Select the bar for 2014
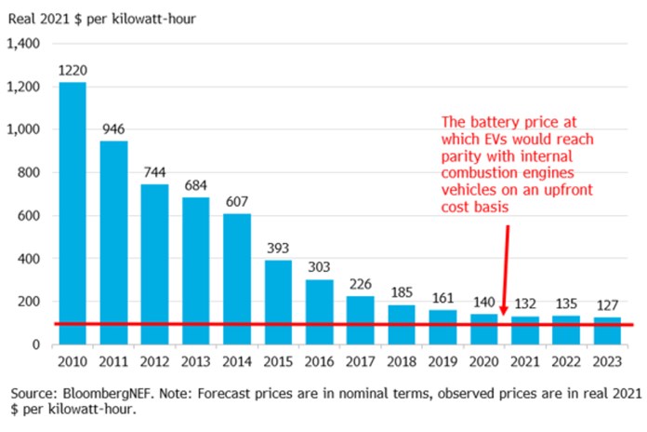[237, 278]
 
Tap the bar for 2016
[319, 311]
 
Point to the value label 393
[278, 249]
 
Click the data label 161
[442, 299]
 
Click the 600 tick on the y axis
[31, 216]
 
